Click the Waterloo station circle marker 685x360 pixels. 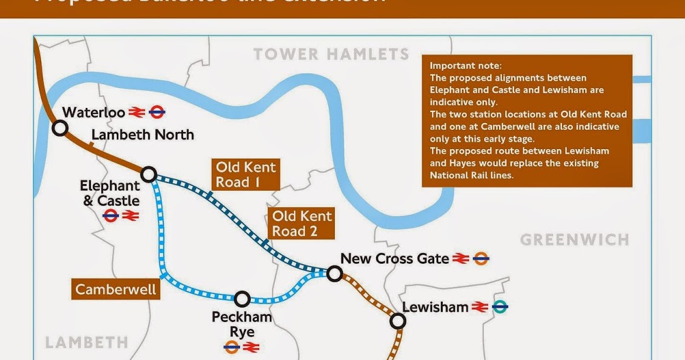tap(59, 128)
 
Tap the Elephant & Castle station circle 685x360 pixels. tap(148, 175)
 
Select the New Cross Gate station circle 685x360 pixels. tap(334, 273)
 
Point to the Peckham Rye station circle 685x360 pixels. tap(242, 298)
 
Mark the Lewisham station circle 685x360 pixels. tap(397, 321)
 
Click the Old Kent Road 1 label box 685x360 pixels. tap(246, 175)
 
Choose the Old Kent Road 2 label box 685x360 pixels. tap(302, 224)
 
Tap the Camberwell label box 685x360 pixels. tap(116, 289)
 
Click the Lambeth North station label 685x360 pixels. tap(143, 135)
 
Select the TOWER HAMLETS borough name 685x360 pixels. tap(331, 55)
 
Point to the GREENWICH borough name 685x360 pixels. tap(574, 239)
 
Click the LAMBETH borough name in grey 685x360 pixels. tap(87, 342)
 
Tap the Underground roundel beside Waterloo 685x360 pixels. tap(157, 112)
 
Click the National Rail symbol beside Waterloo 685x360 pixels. tap(136, 112)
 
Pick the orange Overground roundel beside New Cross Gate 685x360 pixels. tap(481, 259)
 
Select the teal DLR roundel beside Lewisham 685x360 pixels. tap(500, 307)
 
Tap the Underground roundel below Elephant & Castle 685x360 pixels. tap(110, 216)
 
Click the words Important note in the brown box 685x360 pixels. tap(466, 65)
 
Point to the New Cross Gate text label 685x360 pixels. tap(394, 259)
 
